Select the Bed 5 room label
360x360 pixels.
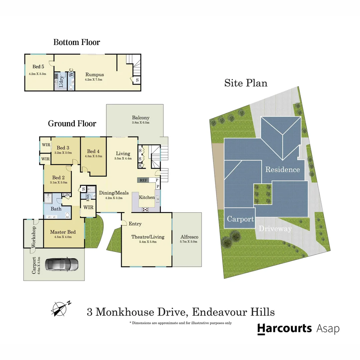click(x=38, y=67)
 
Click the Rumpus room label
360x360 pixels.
click(x=95, y=75)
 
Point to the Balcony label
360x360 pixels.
click(x=141, y=118)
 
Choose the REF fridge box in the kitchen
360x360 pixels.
click(x=143, y=180)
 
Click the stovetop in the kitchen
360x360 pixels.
click(x=146, y=209)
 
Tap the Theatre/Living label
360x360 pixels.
click(x=148, y=237)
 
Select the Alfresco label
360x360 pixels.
click(x=189, y=237)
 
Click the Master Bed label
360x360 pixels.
click(x=63, y=232)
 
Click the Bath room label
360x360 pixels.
click(x=56, y=209)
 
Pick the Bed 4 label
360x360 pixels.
click(x=94, y=151)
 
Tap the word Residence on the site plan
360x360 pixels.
click(x=282, y=169)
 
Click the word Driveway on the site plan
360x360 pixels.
click(x=275, y=229)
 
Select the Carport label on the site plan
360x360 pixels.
click(x=240, y=219)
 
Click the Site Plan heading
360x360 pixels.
click(x=246, y=83)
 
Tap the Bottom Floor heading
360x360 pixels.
click(x=77, y=42)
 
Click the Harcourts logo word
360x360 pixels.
click(x=284, y=328)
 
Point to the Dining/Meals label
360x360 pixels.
click(x=114, y=193)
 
